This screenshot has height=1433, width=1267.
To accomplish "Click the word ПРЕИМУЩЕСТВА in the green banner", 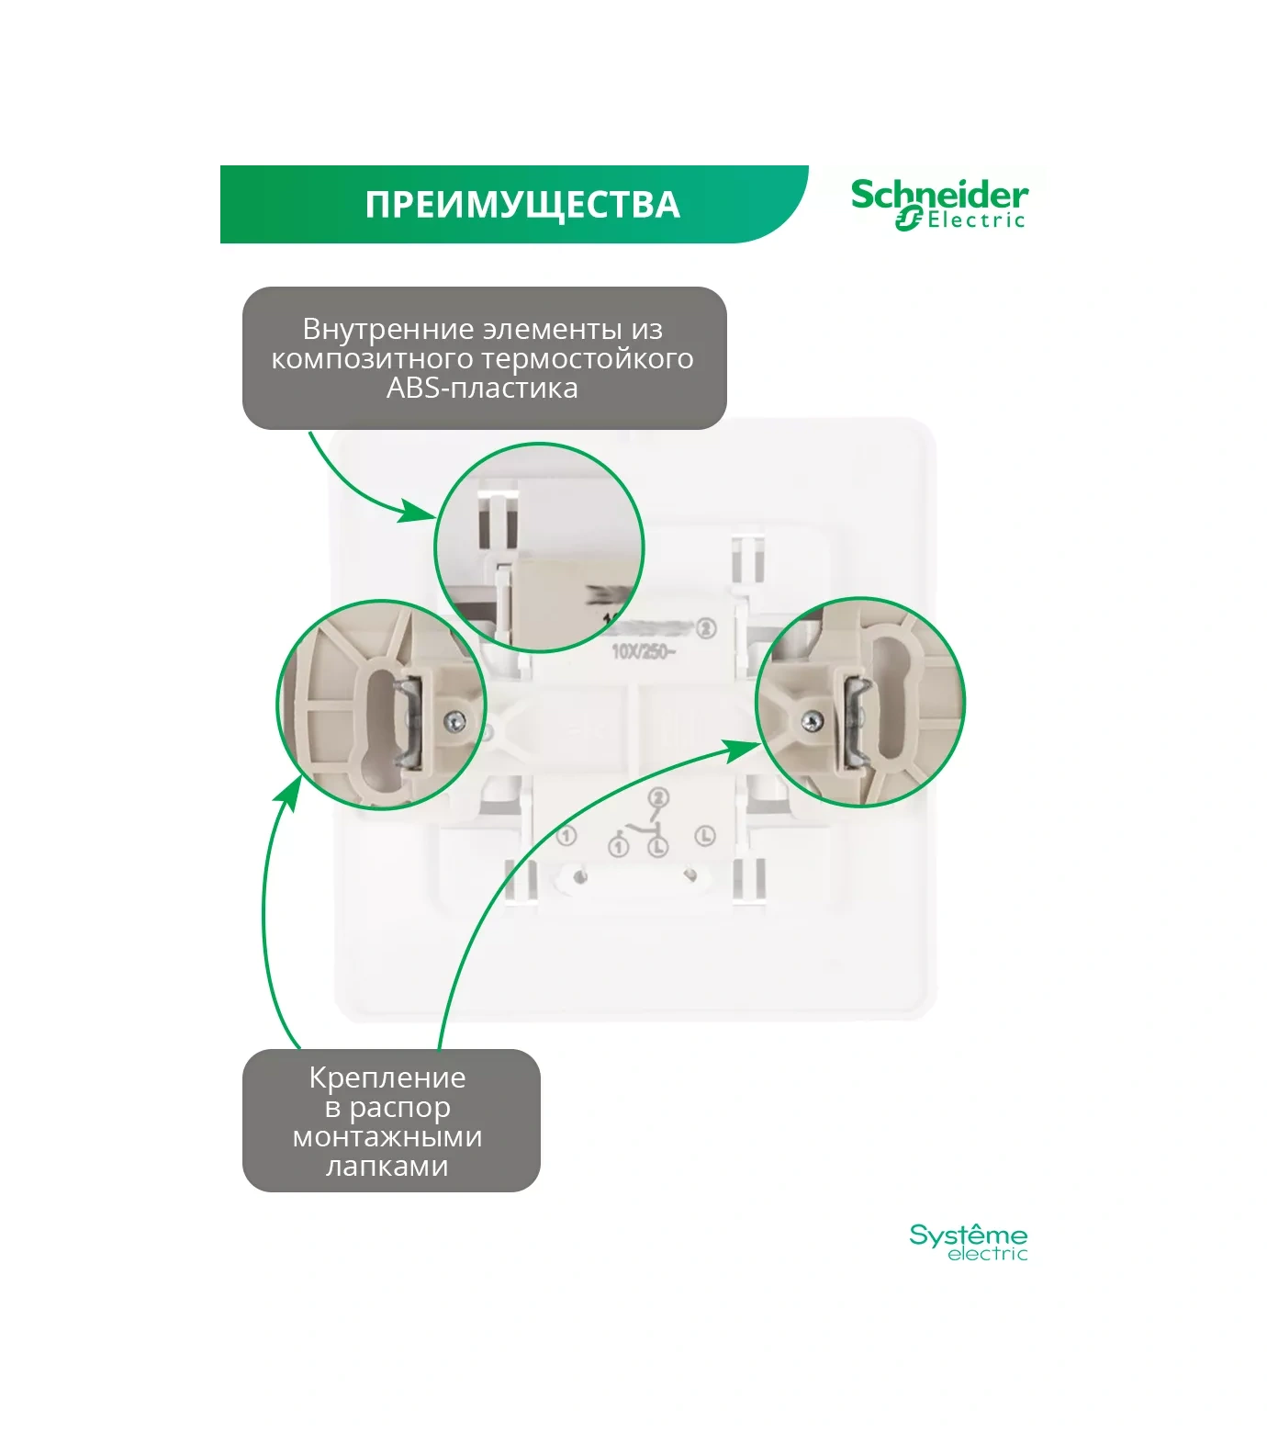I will point(522,205).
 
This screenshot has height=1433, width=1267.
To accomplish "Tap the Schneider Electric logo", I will point(938,205).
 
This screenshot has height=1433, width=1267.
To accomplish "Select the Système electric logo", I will point(968,1242).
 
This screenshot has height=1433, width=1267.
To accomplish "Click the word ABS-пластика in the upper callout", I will point(482,388).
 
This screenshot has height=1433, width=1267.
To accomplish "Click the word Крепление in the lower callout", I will point(387,1078).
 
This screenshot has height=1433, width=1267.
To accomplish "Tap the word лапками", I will point(387,1166).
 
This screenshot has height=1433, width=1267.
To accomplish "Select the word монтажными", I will point(387,1136).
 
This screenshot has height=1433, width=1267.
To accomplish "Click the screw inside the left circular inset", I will point(454,723).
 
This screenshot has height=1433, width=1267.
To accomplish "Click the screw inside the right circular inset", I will point(811,722).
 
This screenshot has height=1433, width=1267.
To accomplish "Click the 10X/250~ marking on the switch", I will point(643,652).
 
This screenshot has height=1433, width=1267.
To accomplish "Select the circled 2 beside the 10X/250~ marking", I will point(706,629).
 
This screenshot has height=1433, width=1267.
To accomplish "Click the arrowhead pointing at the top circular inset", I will point(418,513).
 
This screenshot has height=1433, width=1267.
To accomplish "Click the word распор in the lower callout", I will point(400,1107).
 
